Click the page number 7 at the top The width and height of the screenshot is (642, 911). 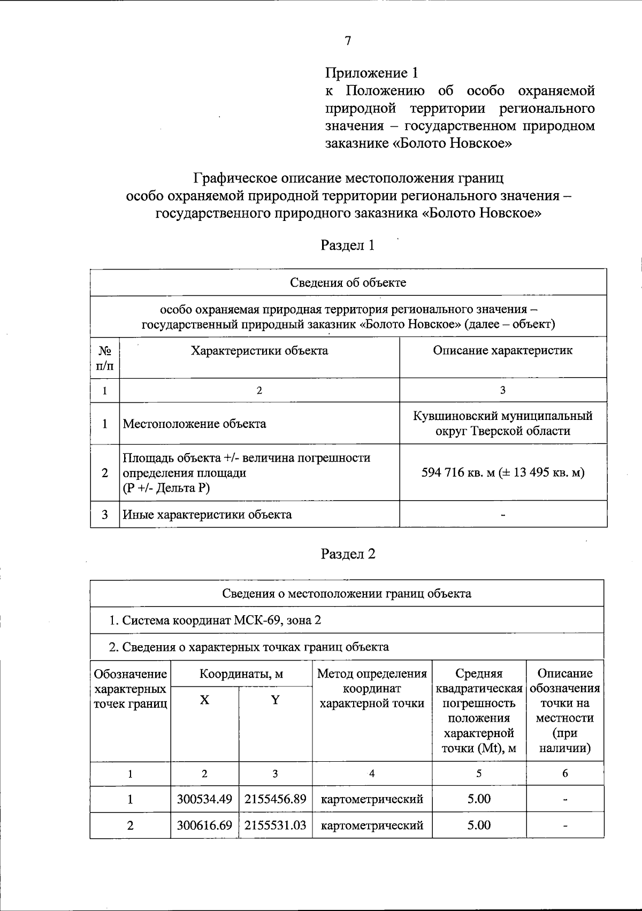click(348, 42)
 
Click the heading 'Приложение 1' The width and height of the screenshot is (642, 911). click(371, 73)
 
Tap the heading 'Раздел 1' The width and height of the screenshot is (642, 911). click(347, 245)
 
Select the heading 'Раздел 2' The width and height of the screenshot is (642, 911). click(348, 554)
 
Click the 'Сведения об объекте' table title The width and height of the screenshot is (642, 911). click(348, 282)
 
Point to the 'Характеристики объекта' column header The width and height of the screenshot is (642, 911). click(259, 350)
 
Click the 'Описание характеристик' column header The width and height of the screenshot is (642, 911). click(502, 350)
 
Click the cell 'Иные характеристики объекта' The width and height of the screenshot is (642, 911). click(208, 515)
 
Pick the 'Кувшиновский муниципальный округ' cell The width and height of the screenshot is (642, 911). click(503, 423)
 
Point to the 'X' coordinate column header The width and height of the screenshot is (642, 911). click(204, 700)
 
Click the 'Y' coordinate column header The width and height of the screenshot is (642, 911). click(275, 700)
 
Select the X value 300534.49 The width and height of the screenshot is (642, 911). click(204, 799)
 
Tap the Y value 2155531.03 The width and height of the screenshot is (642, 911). click(275, 825)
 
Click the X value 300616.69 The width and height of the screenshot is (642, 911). click(204, 825)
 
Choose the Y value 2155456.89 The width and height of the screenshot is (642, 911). click(275, 799)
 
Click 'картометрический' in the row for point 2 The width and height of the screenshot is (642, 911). click(372, 825)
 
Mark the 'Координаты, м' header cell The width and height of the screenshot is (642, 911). click(241, 673)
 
